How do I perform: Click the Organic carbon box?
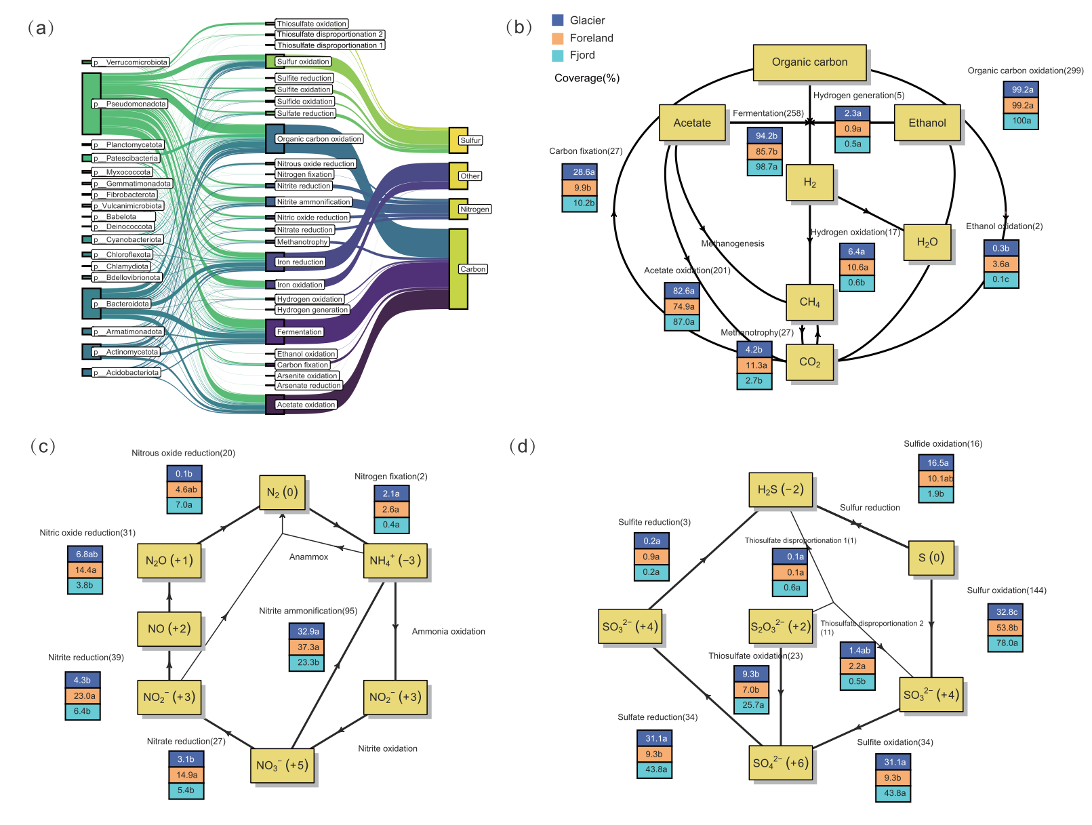pyautogui.click(x=809, y=62)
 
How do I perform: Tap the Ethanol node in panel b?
pyautogui.click(x=927, y=123)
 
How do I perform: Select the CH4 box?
pyautogui.click(x=809, y=302)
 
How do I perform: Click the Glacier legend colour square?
pyautogui.click(x=558, y=20)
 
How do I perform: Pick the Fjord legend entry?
pyautogui.click(x=582, y=56)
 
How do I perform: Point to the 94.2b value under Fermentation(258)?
pyautogui.click(x=766, y=136)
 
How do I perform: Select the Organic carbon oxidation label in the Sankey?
pyautogui.click(x=319, y=139)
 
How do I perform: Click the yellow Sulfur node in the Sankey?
pyautogui.click(x=458, y=140)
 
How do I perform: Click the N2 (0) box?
pyautogui.click(x=282, y=492)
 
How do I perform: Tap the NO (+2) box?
pyautogui.click(x=169, y=628)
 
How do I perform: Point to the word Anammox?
pyautogui.click(x=308, y=557)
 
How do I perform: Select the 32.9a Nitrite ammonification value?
pyautogui.click(x=308, y=632)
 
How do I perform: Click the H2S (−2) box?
pyautogui.click(x=780, y=489)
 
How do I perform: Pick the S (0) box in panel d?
pyautogui.click(x=931, y=558)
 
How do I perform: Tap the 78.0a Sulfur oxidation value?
pyautogui.click(x=1007, y=643)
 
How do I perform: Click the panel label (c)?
pyautogui.click(x=43, y=446)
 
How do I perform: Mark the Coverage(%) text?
pyautogui.click(x=587, y=78)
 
